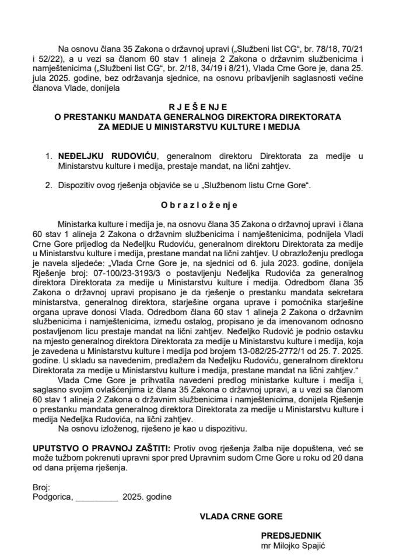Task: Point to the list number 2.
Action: click(x=48, y=186)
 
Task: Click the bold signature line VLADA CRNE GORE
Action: click(x=241, y=516)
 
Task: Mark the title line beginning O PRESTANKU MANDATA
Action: click(x=198, y=116)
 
